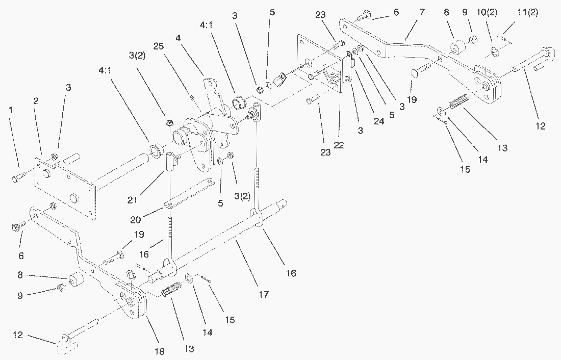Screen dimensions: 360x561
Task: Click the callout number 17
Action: coord(263,294)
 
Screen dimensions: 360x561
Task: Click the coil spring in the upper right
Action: coord(459,102)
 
